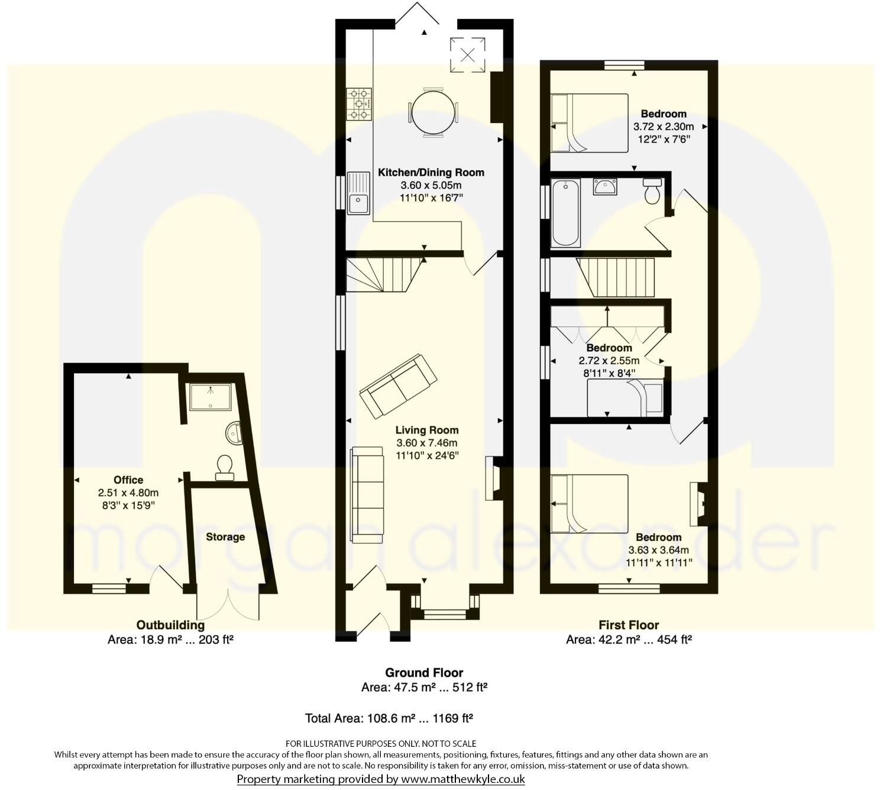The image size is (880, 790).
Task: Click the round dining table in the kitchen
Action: coord(433,112)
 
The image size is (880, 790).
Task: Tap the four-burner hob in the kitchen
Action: coord(358,103)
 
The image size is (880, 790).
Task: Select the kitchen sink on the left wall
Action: coord(358,193)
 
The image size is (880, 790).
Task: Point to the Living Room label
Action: coord(426,430)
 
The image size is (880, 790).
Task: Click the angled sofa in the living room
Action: coord(398,386)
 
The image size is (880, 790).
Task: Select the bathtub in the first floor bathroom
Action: coord(565,213)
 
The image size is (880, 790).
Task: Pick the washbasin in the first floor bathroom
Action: coord(604,187)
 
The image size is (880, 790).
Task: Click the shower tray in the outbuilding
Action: coord(210,397)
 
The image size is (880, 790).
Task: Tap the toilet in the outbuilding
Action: coord(225,467)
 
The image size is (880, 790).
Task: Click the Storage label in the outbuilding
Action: coord(225,537)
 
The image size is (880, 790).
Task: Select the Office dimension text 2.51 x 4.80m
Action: coord(128,493)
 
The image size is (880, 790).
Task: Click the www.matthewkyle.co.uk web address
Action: coord(462,779)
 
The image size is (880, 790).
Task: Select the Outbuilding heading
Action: coord(170,625)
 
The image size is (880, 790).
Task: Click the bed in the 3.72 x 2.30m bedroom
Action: coord(588,123)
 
